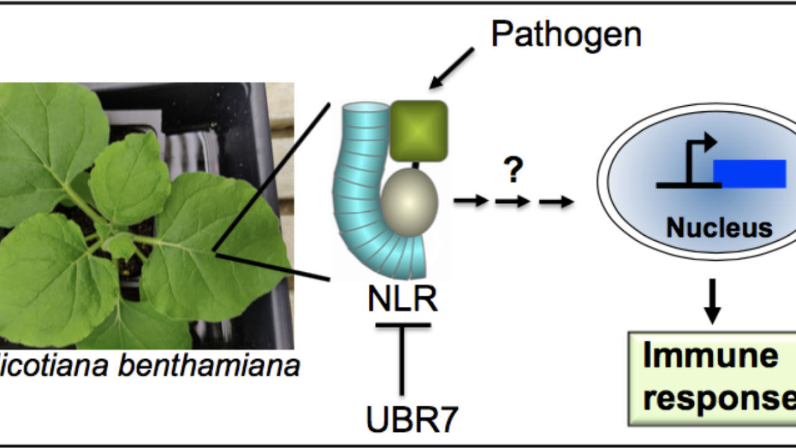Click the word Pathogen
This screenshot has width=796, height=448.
click(x=566, y=34)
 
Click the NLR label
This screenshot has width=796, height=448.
click(x=402, y=299)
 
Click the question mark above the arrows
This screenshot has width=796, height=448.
click(x=512, y=169)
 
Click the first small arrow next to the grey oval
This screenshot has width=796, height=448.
click(x=471, y=201)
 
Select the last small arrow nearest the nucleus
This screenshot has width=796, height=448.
click(x=555, y=201)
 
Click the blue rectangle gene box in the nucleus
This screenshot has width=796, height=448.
click(x=749, y=173)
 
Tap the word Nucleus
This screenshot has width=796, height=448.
click(x=719, y=228)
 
